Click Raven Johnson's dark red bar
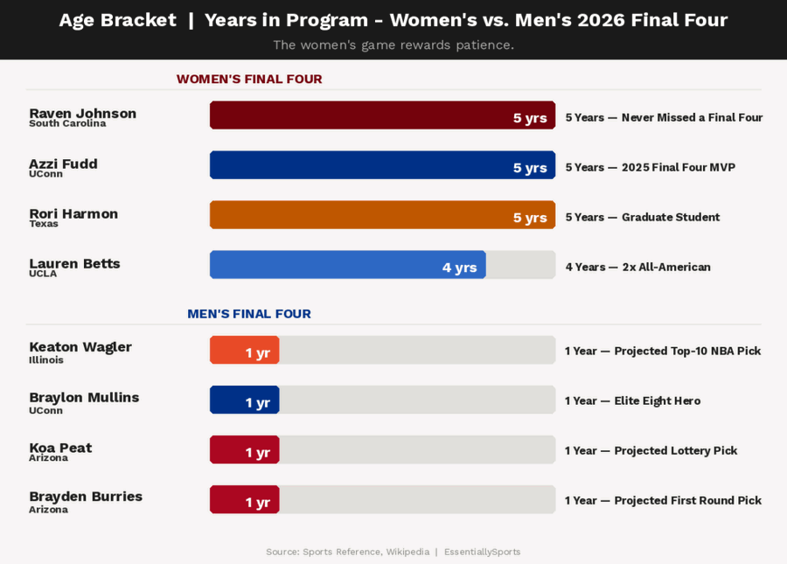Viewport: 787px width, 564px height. pos(382,115)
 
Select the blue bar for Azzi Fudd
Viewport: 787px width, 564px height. pos(382,165)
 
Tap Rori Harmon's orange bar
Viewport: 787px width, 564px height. pos(382,215)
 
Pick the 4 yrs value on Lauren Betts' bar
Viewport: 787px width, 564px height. pos(459,268)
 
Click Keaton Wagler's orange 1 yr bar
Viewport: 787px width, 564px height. pos(244,350)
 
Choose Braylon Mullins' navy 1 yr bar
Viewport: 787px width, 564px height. pos(244,400)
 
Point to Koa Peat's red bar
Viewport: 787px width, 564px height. pos(244,449)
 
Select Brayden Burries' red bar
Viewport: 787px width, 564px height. pos(244,499)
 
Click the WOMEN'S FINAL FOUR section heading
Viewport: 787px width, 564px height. pos(249,80)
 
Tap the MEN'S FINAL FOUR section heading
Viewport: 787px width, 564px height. pos(249,314)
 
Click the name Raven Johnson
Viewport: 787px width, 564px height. pos(83,113)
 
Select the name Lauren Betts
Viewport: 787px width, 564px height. pos(74,263)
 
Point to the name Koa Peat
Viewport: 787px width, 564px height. pos(60,448)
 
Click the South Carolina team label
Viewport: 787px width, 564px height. pos(67,124)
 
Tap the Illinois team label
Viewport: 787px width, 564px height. pos(46,360)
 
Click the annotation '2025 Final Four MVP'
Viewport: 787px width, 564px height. pos(650,167)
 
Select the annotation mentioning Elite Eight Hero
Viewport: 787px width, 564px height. pos(632,400)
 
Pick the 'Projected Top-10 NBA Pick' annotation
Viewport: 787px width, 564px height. pos(662,351)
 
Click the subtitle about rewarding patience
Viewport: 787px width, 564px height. pos(393,45)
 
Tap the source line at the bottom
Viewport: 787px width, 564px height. pos(393,552)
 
